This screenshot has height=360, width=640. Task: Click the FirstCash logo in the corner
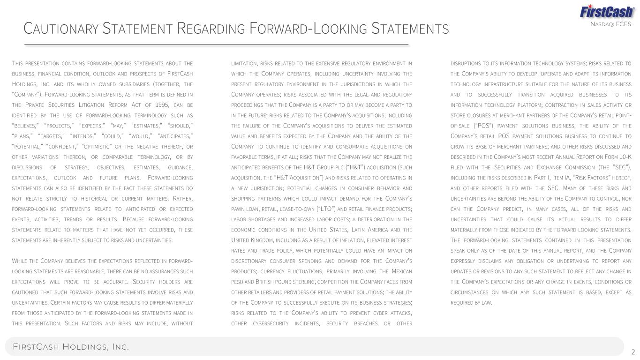click(x=607, y=11)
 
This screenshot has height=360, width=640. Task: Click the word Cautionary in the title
click(x=61, y=29)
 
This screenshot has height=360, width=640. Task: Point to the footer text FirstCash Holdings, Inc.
click(x=71, y=347)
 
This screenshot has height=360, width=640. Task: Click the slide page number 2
click(x=633, y=352)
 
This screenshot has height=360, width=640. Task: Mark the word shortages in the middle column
click(x=263, y=219)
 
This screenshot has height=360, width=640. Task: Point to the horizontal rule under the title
click(x=216, y=45)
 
